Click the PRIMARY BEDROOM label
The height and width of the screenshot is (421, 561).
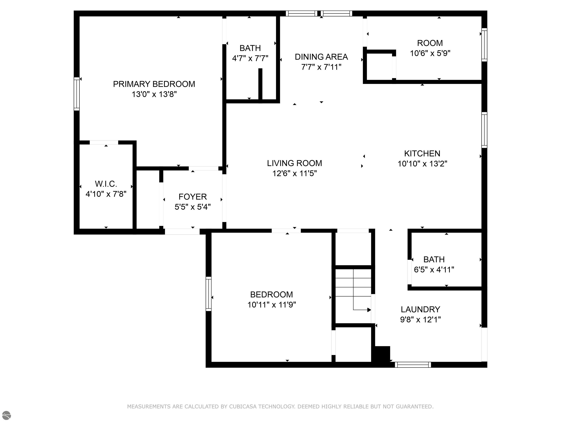[x=154, y=84]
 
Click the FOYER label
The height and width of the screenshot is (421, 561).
[x=192, y=197]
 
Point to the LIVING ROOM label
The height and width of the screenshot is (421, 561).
[x=294, y=163]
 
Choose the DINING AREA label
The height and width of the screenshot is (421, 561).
[x=321, y=57]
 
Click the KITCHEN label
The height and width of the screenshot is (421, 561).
[x=422, y=153]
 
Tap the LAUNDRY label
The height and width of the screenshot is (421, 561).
[x=420, y=309]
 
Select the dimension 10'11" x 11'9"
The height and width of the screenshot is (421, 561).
[x=272, y=305]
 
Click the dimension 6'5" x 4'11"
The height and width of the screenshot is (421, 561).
[x=434, y=270]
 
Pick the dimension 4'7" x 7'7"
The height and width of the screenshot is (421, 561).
[x=250, y=58]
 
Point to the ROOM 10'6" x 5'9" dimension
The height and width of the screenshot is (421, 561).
[x=430, y=53]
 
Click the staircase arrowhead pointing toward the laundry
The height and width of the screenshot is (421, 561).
[x=369, y=310]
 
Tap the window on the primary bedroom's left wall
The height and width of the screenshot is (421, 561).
[x=77, y=94]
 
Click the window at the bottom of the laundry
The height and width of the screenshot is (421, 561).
[x=413, y=365]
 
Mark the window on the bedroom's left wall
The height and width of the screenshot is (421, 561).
[x=209, y=294]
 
